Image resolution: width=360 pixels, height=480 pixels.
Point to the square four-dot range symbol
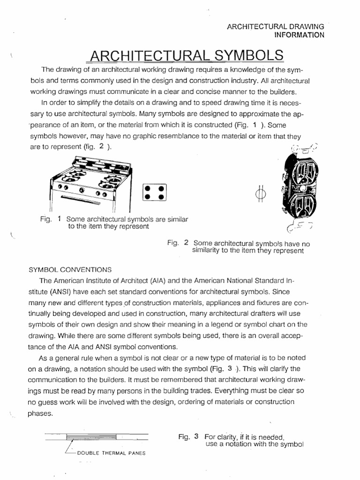point(154,192)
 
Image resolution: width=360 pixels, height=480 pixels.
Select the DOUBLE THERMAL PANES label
point(111,453)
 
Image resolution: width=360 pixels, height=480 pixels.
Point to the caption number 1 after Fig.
point(60,219)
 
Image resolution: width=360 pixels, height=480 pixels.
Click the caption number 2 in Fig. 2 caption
point(186,243)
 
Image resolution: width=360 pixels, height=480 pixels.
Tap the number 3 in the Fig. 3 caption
point(197,436)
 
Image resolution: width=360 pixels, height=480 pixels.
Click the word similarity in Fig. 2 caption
point(209,251)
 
